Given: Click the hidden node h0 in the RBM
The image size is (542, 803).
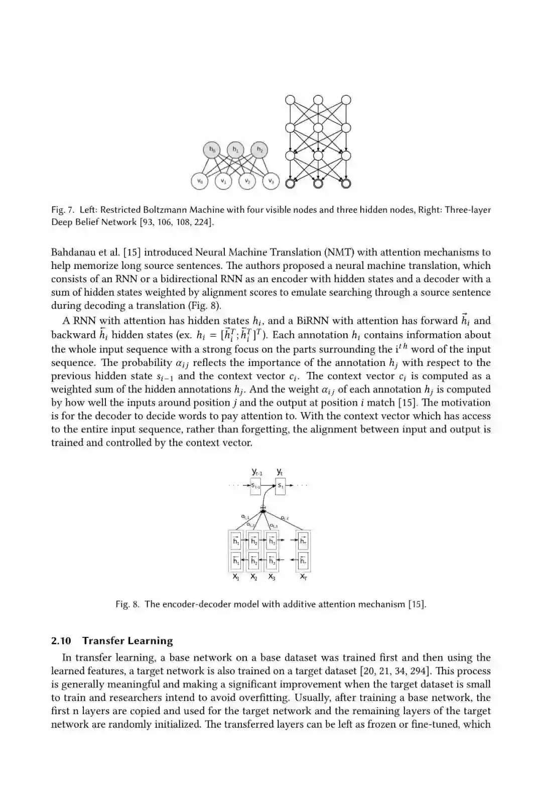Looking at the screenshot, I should point(212,150).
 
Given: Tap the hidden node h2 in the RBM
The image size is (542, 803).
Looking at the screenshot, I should point(259,150).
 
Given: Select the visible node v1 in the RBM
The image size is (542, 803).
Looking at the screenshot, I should point(224,181).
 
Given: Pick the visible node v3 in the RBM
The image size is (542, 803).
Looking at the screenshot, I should point(271,181).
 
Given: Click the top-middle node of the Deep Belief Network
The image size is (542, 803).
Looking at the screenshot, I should point(318,100).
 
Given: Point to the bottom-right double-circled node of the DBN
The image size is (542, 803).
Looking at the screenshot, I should point(346,184).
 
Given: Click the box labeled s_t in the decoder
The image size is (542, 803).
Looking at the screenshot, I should point(280,486).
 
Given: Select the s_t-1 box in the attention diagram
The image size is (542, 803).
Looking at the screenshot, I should point(256,486).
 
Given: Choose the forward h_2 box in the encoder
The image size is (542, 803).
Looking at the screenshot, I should point(254,541).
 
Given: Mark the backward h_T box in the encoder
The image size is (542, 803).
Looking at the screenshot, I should point(303,560).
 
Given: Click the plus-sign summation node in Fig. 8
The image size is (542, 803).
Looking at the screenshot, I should point(262,507).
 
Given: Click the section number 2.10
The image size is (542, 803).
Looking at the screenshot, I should point(61,641).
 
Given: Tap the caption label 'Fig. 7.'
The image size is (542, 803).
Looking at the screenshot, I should point(63,210).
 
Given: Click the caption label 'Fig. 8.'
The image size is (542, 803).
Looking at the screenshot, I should point(127,604).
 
